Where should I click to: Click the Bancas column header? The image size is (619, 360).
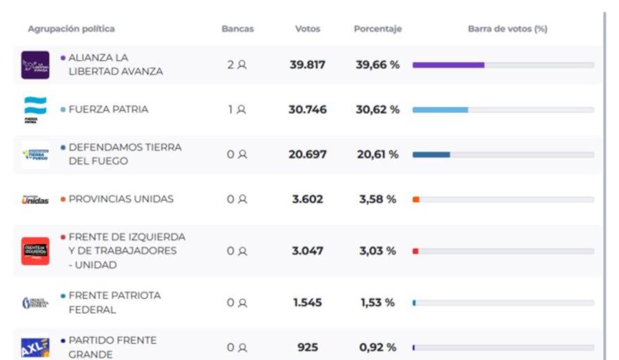(237, 30)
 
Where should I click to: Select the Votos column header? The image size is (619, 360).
(307, 30)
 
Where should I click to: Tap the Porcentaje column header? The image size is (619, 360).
(378, 30)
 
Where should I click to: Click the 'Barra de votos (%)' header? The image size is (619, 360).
(507, 30)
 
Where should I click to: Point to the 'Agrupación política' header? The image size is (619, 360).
(71, 30)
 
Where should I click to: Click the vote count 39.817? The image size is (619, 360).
(307, 65)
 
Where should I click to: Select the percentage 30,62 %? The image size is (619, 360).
(378, 110)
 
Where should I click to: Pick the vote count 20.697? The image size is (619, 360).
(307, 155)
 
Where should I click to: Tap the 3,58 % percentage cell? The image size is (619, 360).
(378, 200)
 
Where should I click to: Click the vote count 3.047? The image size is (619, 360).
(307, 251)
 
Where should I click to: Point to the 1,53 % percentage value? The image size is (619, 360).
(378, 303)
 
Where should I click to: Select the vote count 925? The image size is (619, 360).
(307, 347)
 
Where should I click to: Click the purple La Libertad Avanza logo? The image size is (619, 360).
(35, 65)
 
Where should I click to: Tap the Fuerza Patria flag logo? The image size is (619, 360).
(35, 109)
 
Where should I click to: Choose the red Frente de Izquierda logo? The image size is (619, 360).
(35, 251)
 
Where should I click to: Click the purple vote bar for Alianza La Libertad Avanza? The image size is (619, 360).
(448, 65)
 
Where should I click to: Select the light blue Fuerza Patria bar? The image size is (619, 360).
(440, 110)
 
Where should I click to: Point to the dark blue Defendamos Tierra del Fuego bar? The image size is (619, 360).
(430, 155)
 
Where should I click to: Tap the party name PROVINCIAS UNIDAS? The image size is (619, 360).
(121, 200)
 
